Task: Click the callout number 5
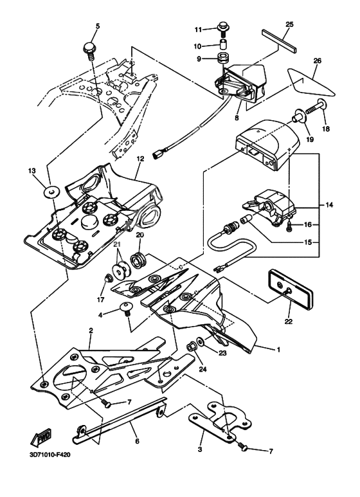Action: [x=98, y=26]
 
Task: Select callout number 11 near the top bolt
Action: [x=199, y=30]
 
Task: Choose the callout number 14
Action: [x=330, y=205]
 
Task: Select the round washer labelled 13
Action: [x=50, y=190]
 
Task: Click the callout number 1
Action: [x=278, y=350]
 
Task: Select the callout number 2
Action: [x=91, y=330]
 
